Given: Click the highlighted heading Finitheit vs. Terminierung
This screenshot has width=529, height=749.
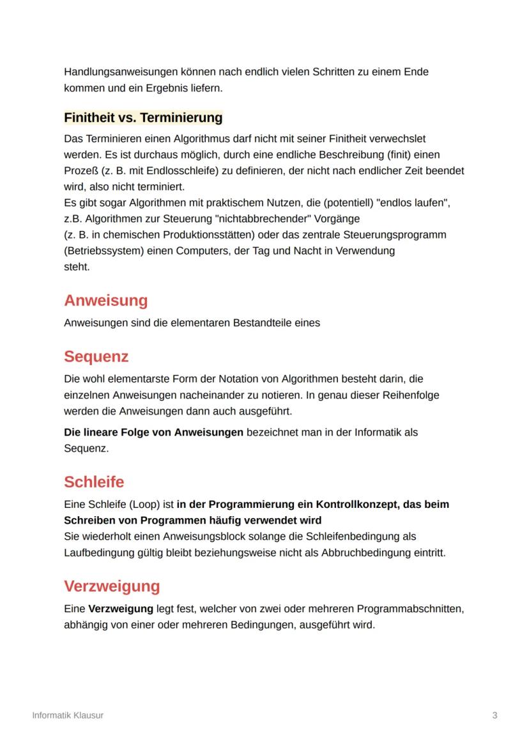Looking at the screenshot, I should pos(143,118).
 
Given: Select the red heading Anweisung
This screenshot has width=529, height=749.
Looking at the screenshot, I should pos(105,301).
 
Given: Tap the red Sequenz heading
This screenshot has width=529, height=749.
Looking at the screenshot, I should pos(96,356).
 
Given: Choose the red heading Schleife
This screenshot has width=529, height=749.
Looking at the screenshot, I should pos(94,482).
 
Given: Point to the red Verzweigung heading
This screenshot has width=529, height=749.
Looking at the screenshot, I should pos(112,586).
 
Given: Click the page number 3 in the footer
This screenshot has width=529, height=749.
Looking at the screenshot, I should pos(494,715).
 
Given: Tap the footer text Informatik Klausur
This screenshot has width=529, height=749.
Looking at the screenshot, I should pos(68,715).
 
